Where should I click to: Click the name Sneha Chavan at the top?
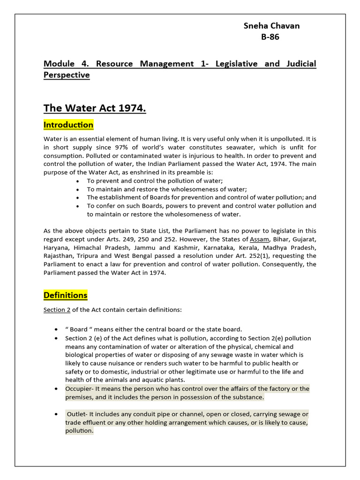tap(271, 26)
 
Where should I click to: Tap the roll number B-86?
tap(270, 37)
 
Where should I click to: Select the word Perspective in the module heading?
tap(67, 75)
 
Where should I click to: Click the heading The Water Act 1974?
tap(95, 109)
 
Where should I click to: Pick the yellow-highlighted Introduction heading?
tap(68, 125)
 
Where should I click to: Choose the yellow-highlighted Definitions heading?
tap(66, 295)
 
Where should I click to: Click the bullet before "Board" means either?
tap(56, 329)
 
